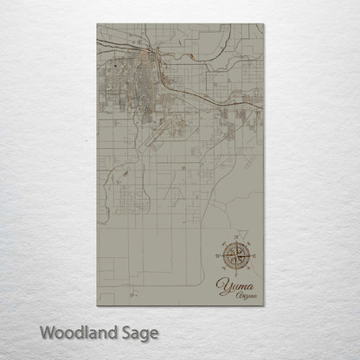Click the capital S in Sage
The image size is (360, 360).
pos(120,332)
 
